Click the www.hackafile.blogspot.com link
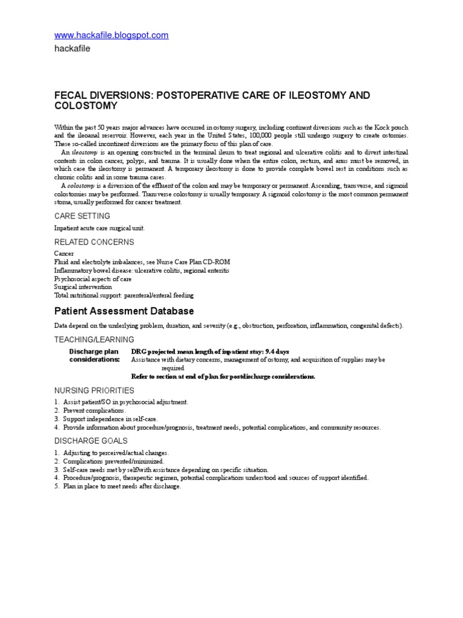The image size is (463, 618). [112, 36]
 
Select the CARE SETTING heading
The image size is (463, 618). [82, 216]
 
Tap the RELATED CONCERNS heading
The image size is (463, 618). [94, 242]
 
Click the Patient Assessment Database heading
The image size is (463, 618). [124, 311]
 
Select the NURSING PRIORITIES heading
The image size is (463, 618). [94, 390]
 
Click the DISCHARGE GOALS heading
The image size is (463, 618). [90, 441]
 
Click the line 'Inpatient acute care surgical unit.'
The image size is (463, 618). [99, 228]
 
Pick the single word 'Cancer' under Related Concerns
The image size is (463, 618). [65, 254]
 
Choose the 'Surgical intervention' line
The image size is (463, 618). [83, 287]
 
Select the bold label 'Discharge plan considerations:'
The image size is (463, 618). [94, 355]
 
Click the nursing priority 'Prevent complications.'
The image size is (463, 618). [95, 410]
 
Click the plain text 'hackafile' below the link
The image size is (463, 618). [72, 49]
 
